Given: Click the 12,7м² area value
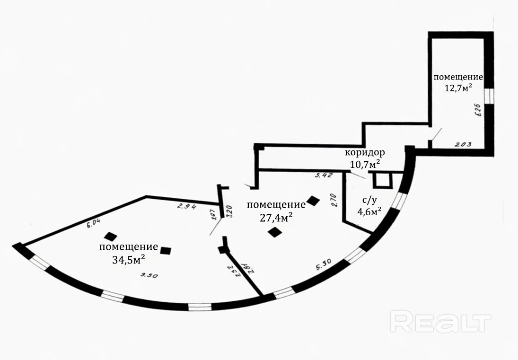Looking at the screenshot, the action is pyautogui.click(x=458, y=88).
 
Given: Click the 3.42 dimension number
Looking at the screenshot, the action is pyautogui.click(x=324, y=176).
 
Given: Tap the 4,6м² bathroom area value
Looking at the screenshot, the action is pyautogui.click(x=369, y=211).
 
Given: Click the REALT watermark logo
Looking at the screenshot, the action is pyautogui.click(x=440, y=322).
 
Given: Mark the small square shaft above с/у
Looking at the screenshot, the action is pyautogui.click(x=381, y=180).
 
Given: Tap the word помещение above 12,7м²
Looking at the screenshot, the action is pyautogui.click(x=458, y=77).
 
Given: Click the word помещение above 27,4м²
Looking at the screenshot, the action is pyautogui.click(x=276, y=205).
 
